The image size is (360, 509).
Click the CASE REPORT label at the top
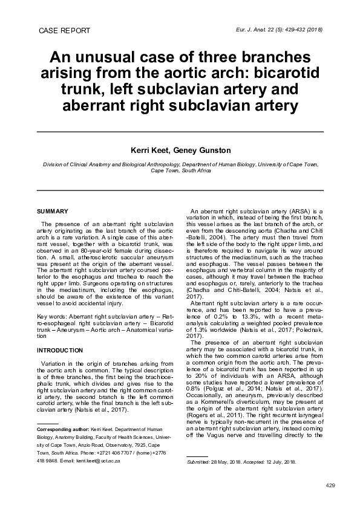[64, 30]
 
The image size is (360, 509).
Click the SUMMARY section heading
[53, 211]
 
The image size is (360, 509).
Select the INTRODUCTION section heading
[60, 350]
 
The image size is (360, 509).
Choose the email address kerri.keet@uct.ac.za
[97, 461]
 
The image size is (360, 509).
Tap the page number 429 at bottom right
[330, 486]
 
